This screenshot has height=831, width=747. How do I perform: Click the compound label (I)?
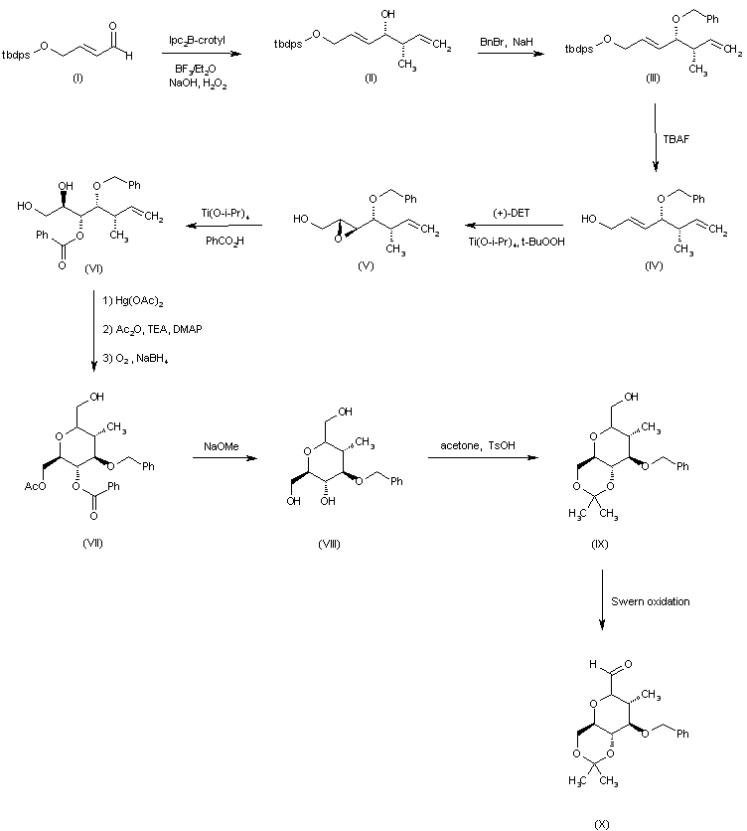[77, 79]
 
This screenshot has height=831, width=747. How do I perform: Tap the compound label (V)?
[366, 266]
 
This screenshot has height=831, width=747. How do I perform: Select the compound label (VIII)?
[329, 544]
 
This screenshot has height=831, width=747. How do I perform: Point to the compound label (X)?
[601, 824]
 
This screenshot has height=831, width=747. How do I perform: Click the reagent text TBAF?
[676, 139]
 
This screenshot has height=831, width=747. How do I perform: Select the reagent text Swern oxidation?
[650, 601]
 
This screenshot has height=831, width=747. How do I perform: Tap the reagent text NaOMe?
[222, 446]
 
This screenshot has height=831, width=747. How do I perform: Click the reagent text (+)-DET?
[511, 213]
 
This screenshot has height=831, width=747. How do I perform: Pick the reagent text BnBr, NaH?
[506, 42]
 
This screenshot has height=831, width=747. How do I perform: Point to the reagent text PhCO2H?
[224, 242]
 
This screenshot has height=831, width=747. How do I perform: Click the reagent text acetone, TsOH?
[478, 445]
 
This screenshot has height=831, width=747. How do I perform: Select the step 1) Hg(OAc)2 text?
[133, 301]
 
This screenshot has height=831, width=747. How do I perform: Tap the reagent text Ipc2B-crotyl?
[197, 41]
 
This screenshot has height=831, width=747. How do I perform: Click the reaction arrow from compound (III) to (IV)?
[656, 138]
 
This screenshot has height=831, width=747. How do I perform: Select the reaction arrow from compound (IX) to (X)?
[602, 600]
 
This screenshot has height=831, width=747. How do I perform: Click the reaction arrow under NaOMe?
[224, 458]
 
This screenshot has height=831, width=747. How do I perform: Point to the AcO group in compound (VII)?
[35, 486]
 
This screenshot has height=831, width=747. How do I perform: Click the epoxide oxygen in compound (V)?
[338, 239]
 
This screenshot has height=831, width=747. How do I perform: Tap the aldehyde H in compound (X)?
[593, 664]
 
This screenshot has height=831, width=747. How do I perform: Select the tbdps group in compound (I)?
[16, 55]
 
